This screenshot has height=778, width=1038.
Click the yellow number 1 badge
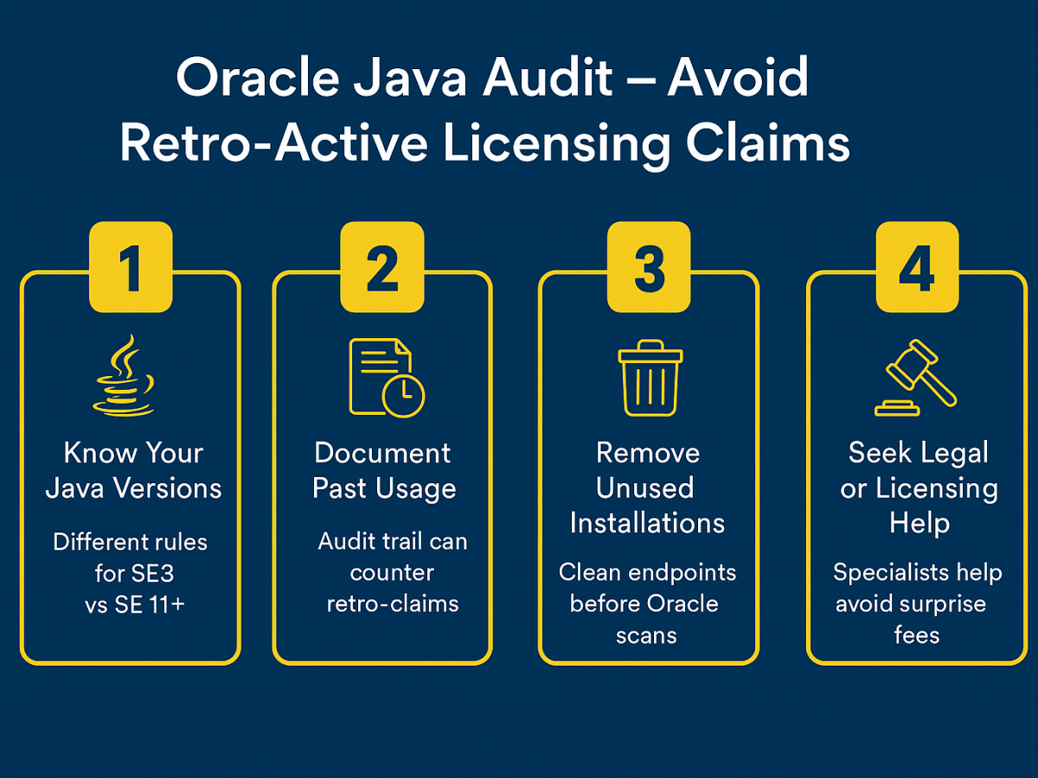pyautogui.click(x=131, y=267)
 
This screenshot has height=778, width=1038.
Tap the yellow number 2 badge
pyautogui.click(x=382, y=267)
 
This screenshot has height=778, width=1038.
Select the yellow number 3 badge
pyautogui.click(x=649, y=267)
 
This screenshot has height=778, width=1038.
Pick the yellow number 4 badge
pyautogui.click(x=918, y=267)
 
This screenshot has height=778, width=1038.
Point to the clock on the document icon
pyautogui.click(x=403, y=396)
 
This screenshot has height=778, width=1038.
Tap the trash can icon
pyautogui.click(x=650, y=378)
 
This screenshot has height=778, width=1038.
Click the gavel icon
pyautogui.click(x=915, y=378)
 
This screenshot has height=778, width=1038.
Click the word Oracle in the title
pyautogui.click(x=258, y=77)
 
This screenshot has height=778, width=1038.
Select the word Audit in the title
pyautogui.click(x=548, y=77)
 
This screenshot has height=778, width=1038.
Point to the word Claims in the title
pyautogui.click(x=767, y=143)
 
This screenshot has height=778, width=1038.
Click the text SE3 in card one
pyautogui.click(x=153, y=573)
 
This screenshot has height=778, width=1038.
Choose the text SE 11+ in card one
pyautogui.click(x=150, y=604)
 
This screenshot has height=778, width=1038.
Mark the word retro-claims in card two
pyautogui.click(x=393, y=604)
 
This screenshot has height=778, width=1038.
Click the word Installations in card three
pyautogui.click(x=647, y=523)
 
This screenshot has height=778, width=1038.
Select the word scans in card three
pyautogui.click(x=646, y=636)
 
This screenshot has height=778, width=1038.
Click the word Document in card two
pyautogui.click(x=382, y=453)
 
